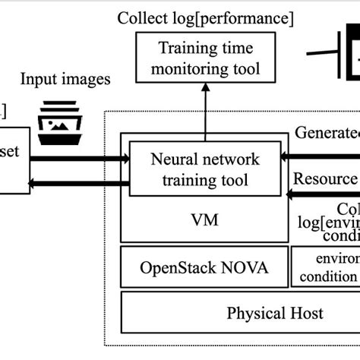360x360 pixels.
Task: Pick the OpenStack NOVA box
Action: tap(204, 268)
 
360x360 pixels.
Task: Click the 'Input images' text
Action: tap(65, 79)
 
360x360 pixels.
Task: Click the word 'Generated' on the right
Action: tap(327, 134)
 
